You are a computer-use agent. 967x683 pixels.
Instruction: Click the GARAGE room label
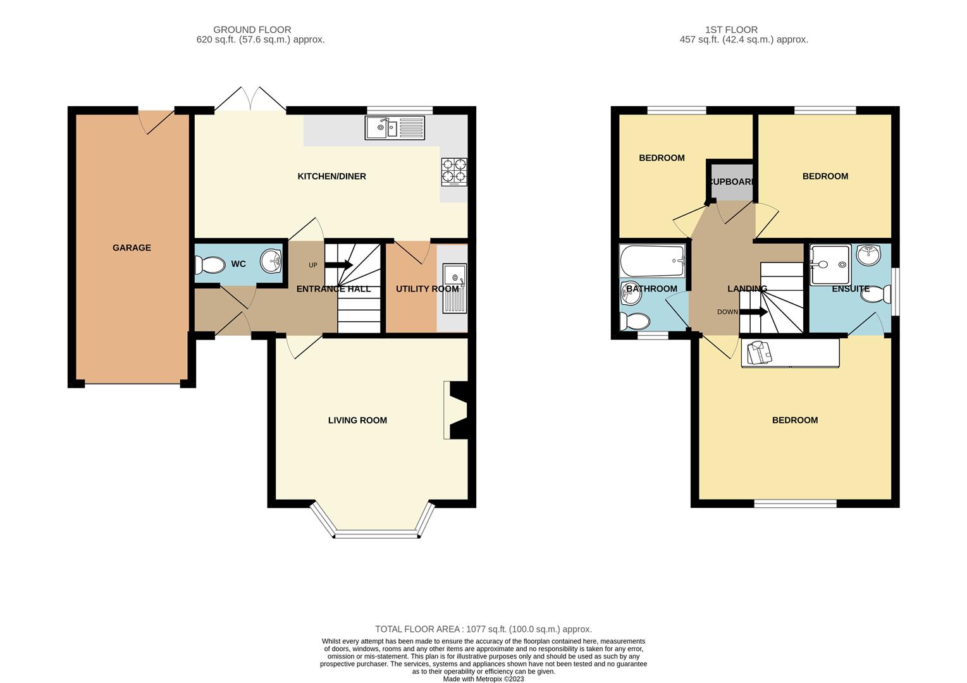[132, 248]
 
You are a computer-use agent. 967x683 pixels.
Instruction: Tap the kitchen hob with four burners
[454, 172]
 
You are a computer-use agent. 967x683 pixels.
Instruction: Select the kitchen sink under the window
[395, 128]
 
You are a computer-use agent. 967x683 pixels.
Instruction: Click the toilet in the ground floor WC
[210, 265]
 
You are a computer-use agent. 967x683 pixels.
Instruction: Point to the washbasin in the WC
[271, 261]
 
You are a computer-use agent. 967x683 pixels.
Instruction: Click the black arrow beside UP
[339, 264]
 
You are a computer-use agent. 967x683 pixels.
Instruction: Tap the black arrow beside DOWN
[754, 312]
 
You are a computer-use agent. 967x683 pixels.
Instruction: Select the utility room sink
[455, 288]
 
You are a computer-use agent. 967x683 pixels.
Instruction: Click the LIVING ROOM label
[357, 420]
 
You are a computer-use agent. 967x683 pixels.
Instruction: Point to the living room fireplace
[459, 410]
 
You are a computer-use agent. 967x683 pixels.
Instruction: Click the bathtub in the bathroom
[652, 261]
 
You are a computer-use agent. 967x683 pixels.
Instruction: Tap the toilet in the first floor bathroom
[634, 322]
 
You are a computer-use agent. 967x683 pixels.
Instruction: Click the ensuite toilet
[876, 295]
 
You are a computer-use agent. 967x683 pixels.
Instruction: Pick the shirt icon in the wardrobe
[760, 352]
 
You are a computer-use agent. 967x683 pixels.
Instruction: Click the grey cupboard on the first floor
[732, 182]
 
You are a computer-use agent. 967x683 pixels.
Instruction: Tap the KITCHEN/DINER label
[331, 176]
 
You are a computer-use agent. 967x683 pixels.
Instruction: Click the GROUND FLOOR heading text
[252, 30]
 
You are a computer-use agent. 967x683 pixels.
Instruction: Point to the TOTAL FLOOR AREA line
[483, 629]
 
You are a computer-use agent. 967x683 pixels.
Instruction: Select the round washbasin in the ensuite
[868, 255]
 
